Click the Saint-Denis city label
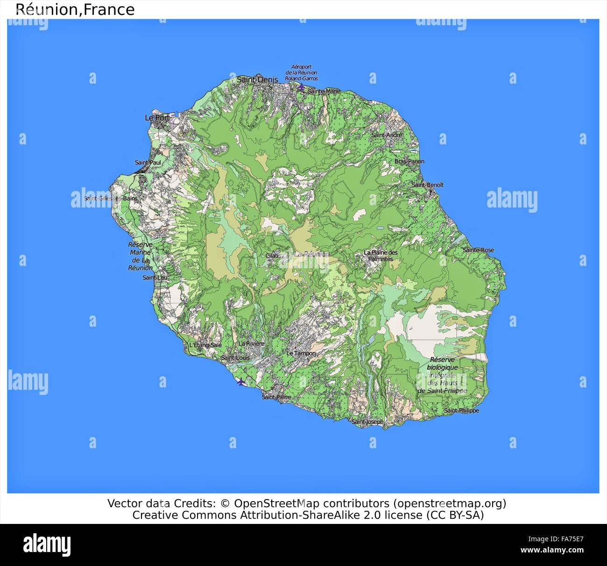point(257,80)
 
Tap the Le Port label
point(157,118)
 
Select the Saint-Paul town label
point(148,163)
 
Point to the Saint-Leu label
point(155,278)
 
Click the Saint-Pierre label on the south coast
point(276,397)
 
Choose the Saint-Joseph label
point(367,422)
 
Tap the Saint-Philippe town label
point(461,411)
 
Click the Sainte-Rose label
point(478,250)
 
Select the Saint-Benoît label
point(427,185)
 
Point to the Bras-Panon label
point(409,162)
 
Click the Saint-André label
point(387,135)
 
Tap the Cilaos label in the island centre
point(272,256)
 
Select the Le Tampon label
point(301,353)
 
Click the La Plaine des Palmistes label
point(381,256)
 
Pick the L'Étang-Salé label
point(205,345)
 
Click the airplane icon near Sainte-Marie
point(302,86)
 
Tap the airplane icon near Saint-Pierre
point(241,382)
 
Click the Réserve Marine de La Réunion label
point(140,256)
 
